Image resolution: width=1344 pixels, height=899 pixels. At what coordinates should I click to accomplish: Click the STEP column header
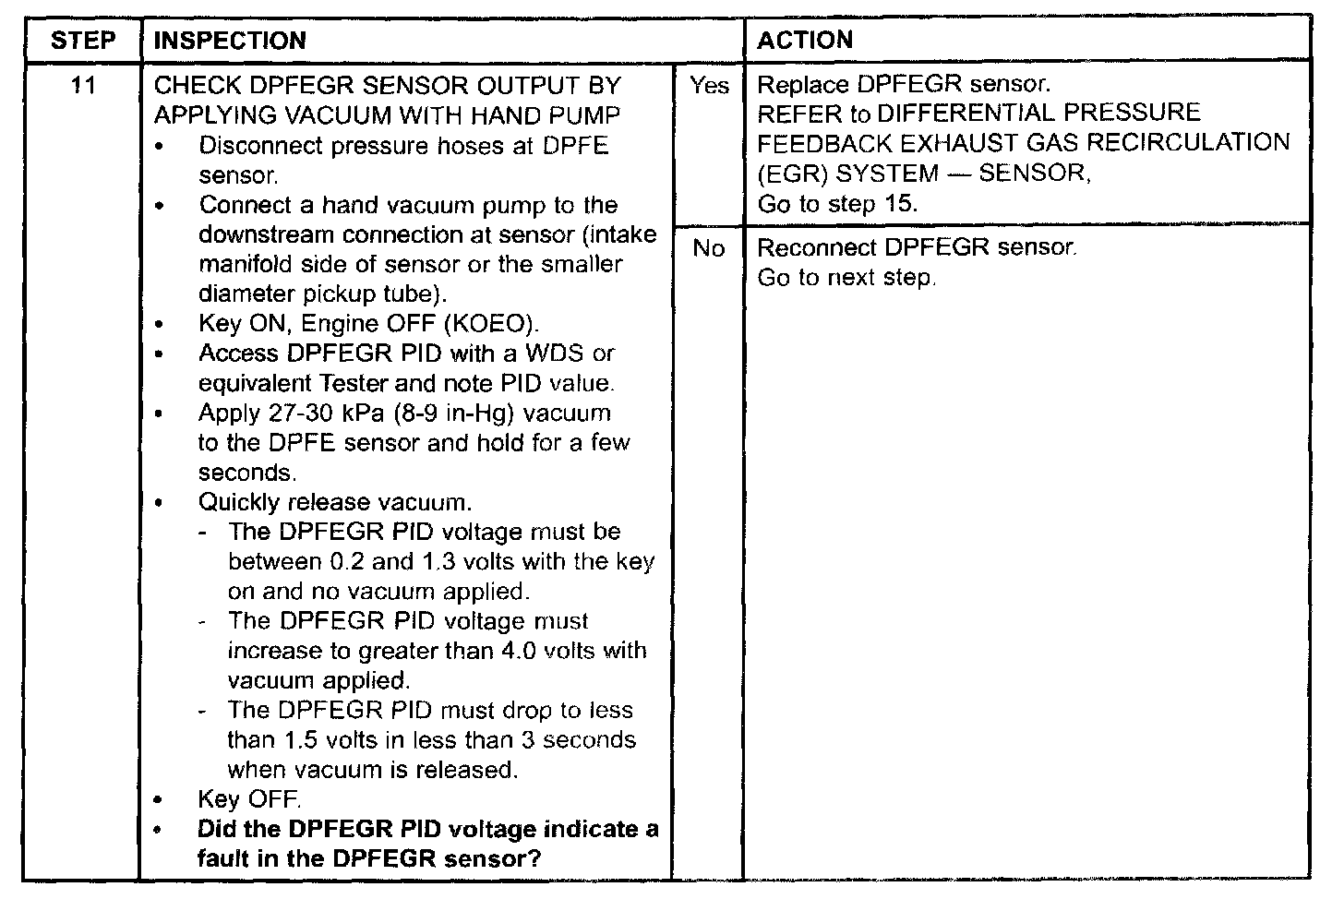tap(83, 41)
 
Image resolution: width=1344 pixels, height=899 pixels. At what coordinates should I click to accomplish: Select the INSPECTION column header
tap(230, 41)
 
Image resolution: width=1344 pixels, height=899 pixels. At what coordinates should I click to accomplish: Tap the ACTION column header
tap(805, 41)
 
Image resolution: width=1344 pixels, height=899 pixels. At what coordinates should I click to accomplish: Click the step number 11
tap(83, 86)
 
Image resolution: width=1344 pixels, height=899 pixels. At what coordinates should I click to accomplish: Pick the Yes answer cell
tap(709, 86)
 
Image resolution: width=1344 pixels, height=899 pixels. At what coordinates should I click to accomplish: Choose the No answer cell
tap(708, 248)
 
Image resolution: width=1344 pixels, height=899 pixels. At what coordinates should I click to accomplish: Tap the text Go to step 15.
tap(837, 204)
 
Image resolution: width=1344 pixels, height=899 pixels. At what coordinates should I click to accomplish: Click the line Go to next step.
tap(846, 277)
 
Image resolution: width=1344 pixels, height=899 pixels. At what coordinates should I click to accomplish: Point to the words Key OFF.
tap(249, 799)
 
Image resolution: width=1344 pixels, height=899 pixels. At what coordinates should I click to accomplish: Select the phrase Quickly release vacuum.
tap(335, 502)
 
